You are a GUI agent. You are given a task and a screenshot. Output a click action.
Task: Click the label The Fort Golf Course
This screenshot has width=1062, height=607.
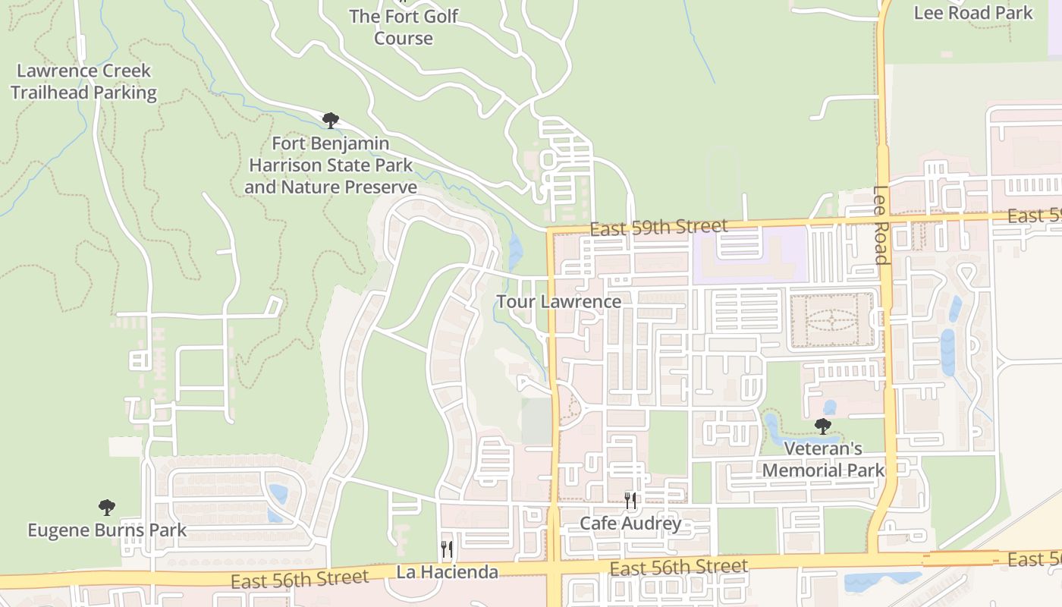403,27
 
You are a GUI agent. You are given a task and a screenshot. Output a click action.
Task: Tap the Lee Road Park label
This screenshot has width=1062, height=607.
972,13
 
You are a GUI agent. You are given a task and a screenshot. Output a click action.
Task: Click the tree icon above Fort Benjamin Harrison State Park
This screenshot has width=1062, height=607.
330,120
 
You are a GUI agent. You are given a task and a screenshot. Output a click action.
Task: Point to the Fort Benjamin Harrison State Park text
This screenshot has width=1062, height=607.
331,165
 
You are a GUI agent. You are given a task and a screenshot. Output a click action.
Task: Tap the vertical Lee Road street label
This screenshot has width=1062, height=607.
880,225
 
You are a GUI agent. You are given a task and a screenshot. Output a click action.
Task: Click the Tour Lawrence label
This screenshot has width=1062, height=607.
558,301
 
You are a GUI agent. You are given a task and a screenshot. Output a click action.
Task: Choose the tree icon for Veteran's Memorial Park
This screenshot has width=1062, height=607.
822,426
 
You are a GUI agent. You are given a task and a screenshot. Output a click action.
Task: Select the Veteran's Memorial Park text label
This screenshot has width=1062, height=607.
823,459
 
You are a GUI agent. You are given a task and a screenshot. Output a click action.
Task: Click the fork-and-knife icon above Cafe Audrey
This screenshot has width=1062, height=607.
630,501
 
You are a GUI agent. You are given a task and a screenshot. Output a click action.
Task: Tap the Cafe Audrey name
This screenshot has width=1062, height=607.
630,524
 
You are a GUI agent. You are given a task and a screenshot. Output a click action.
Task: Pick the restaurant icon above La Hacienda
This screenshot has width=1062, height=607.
447,549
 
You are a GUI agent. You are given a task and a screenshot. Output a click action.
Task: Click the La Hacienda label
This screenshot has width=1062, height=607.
447,572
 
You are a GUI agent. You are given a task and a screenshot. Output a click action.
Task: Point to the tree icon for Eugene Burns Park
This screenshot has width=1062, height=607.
107,508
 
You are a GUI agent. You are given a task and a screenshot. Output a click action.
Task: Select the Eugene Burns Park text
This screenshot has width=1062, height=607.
107,530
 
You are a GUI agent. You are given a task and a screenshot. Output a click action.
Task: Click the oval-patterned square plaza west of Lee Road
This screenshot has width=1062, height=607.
831,321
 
